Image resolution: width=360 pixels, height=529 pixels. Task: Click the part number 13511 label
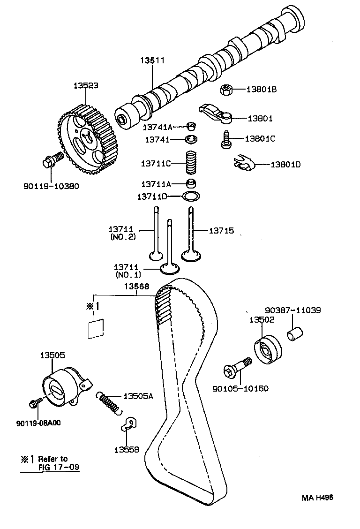[x=152, y=60]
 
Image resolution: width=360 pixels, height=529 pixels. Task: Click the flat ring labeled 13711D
[x=190, y=196]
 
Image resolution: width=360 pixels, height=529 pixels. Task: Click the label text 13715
[x=221, y=231]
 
